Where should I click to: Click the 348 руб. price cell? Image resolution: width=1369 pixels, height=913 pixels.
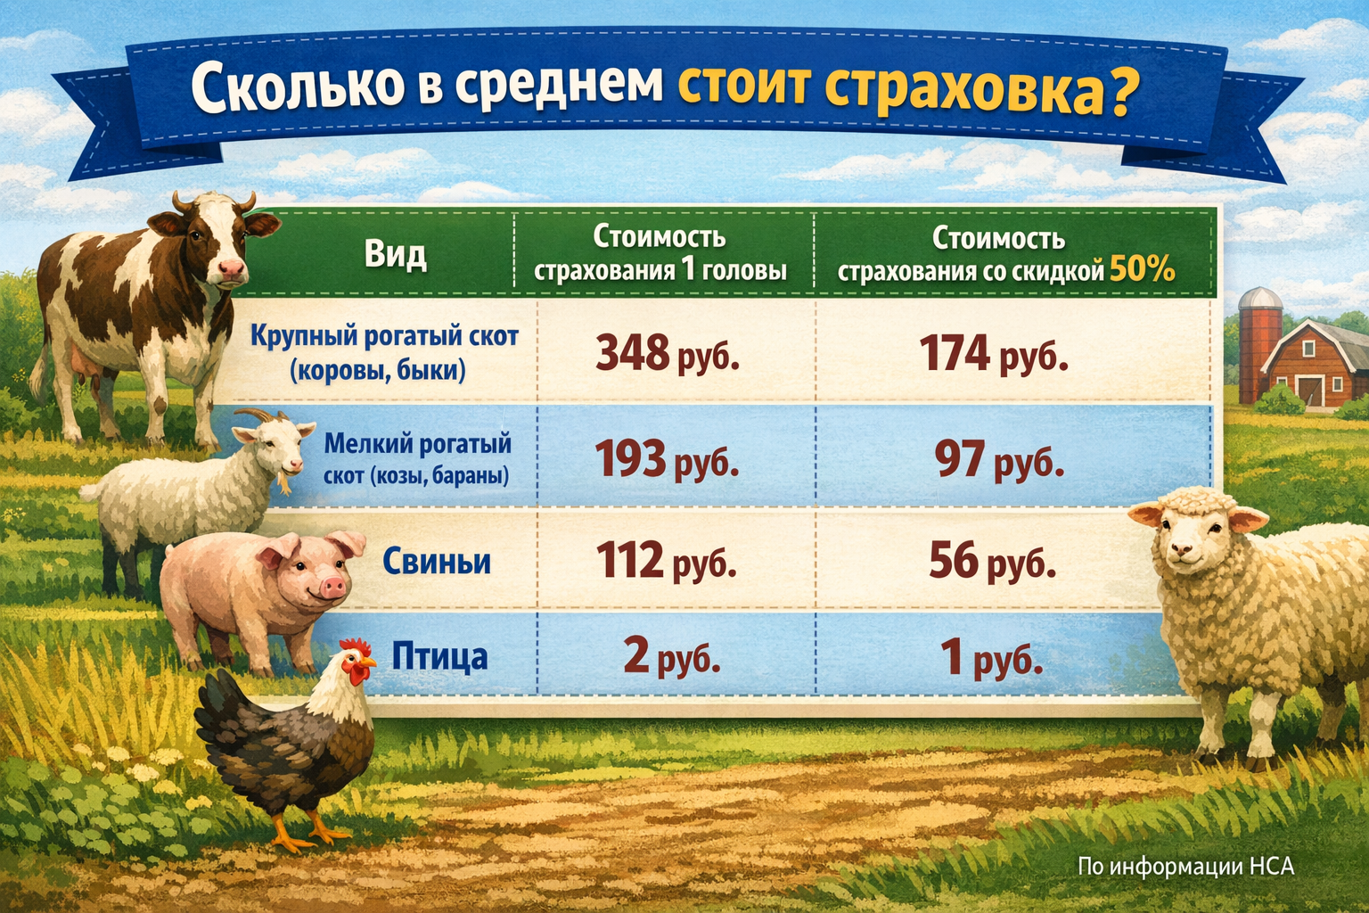pos(667,354)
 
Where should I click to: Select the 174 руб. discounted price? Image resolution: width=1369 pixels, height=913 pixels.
pos(993,354)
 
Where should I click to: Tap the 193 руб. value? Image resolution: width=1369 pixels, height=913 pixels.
pos(667,460)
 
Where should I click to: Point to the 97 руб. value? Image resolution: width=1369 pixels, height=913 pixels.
pos(998,460)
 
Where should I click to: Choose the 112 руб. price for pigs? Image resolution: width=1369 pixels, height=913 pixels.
pos(665,561)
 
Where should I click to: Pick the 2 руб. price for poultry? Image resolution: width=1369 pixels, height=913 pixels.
pos(670,656)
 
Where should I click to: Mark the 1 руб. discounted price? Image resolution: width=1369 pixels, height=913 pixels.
pos(991,658)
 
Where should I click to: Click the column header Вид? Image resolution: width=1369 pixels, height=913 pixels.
pos(395,255)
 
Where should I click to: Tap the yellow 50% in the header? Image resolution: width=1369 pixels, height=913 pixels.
pos(1142,269)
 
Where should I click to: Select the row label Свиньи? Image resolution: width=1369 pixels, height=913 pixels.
pos(437,562)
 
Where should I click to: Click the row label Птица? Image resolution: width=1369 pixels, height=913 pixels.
pos(439,657)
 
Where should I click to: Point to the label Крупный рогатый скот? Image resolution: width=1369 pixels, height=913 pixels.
pos(383,337)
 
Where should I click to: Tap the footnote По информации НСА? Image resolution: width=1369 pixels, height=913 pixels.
pos(1185,866)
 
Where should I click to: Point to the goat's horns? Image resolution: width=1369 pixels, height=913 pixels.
pos(260,415)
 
